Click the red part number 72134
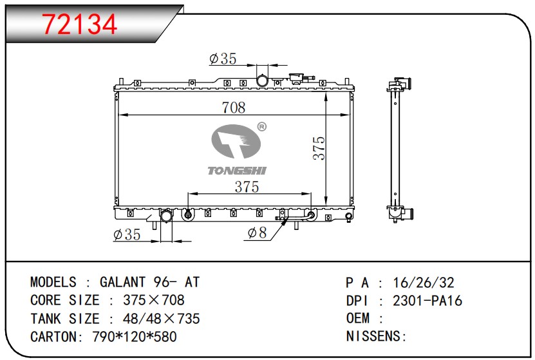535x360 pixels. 80,24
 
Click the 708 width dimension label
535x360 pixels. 234,108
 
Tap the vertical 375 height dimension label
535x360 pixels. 319,148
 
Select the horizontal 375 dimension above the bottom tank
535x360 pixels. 247,187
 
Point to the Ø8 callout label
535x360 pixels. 257,232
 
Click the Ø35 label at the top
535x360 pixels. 223,59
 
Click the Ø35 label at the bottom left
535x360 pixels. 127,235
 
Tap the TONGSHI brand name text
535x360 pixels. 237,171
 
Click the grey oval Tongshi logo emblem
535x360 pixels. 236,141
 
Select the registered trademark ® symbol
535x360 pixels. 261,127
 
